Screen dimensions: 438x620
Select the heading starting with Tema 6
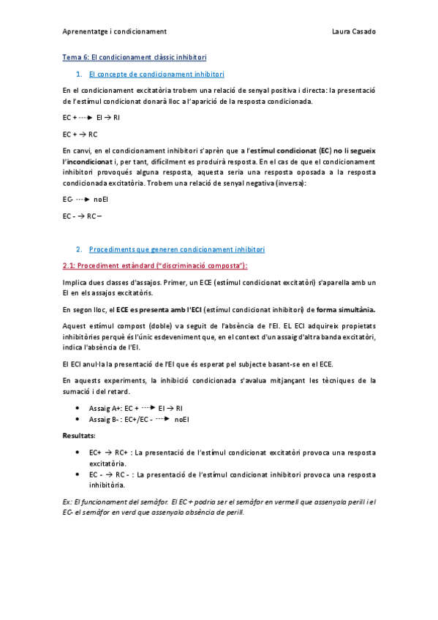pyautogui.click(x=135, y=57)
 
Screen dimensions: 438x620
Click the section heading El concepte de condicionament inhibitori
pyautogui.click(x=156, y=74)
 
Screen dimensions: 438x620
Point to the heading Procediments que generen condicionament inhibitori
pyautogui.click(x=176, y=249)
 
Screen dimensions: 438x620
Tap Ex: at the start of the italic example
pyautogui.click(x=69, y=502)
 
